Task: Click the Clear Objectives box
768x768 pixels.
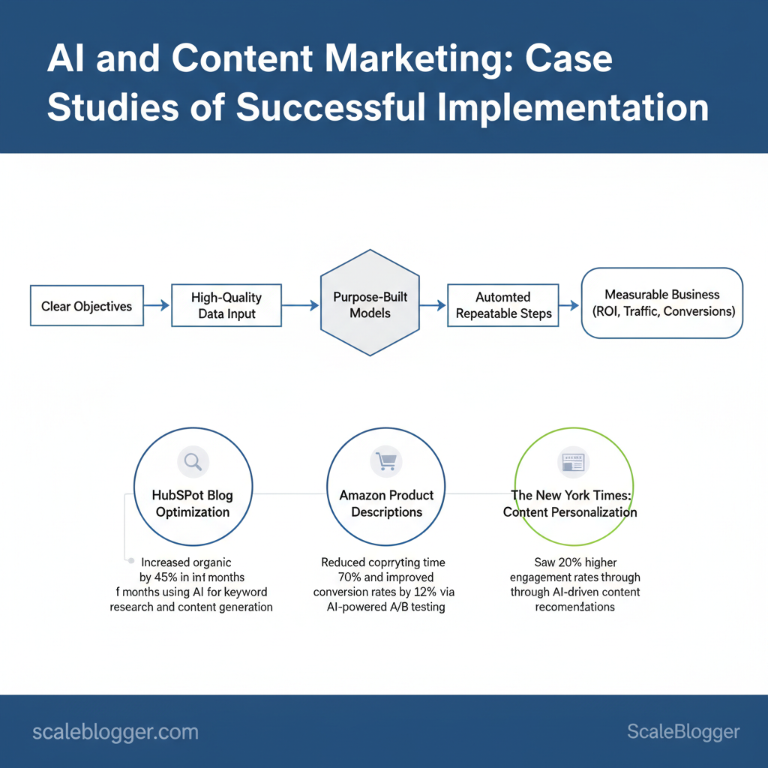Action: [86, 305]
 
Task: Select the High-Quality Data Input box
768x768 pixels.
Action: [226, 305]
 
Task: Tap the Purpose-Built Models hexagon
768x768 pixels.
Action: [370, 304]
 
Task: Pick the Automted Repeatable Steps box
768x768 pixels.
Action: [503, 305]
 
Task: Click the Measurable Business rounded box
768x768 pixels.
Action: [661, 303]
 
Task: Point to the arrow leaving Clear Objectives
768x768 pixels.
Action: [157, 305]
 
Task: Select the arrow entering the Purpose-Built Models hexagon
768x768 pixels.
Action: [301, 305]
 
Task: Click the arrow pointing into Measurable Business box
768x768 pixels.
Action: [569, 305]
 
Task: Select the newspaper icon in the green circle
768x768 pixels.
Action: [574, 463]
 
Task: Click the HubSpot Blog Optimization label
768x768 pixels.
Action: [193, 503]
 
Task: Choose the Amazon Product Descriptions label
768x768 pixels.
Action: [386, 503]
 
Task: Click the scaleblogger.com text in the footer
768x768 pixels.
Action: [115, 732]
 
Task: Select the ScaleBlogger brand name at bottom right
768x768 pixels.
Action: [682, 732]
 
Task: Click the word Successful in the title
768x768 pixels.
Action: [331, 107]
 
